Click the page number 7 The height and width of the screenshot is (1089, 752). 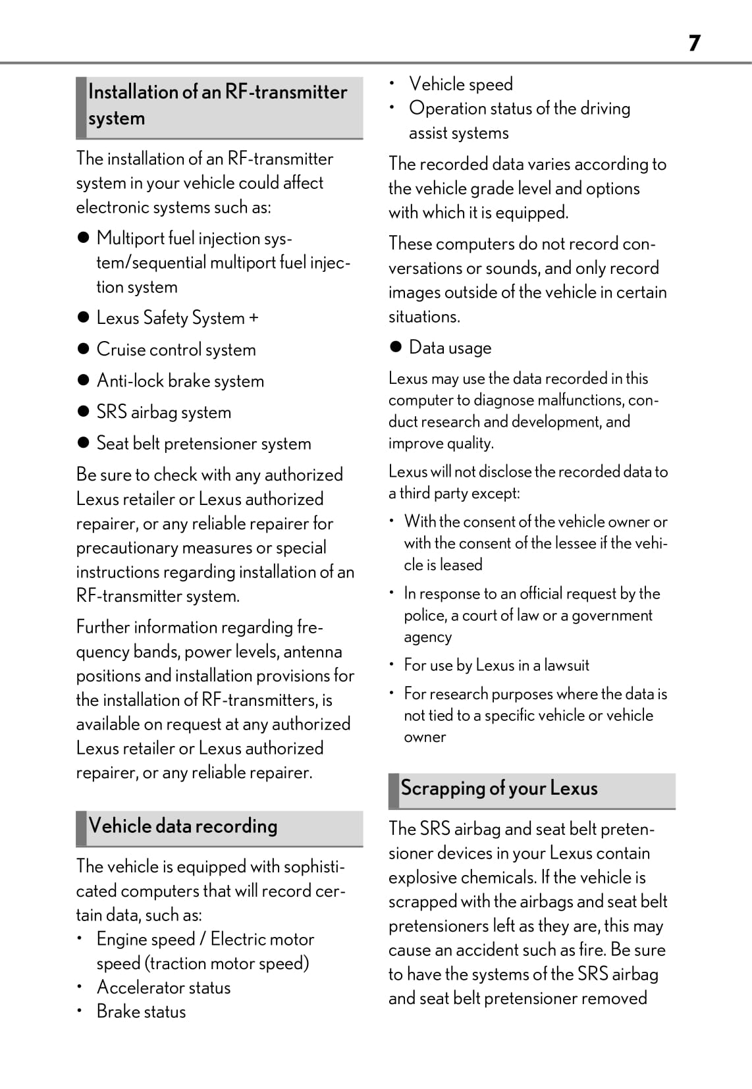[x=694, y=43]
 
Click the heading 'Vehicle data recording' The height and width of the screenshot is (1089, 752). [x=183, y=826]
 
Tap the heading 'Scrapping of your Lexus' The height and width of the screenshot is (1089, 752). [x=499, y=788]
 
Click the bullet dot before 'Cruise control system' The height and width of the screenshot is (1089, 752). [x=83, y=349]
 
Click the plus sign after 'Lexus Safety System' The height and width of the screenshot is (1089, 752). [x=254, y=318]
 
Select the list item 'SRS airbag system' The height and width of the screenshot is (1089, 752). [x=163, y=412]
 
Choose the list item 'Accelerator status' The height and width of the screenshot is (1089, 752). [x=163, y=988]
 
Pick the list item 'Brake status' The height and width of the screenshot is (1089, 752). [x=141, y=1012]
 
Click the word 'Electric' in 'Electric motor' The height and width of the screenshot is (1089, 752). [x=240, y=939]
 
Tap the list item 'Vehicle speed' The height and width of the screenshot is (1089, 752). [x=460, y=84]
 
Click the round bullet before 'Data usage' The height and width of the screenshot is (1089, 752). [x=396, y=347]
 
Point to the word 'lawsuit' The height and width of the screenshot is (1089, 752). [x=566, y=665]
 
